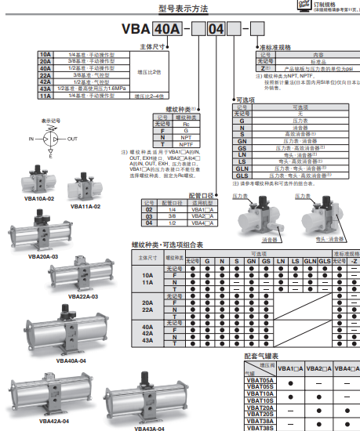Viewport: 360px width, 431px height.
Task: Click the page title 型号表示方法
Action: click(180, 9)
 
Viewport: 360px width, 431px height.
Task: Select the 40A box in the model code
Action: click(165, 31)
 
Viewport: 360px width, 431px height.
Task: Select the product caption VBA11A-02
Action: click(85, 206)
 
